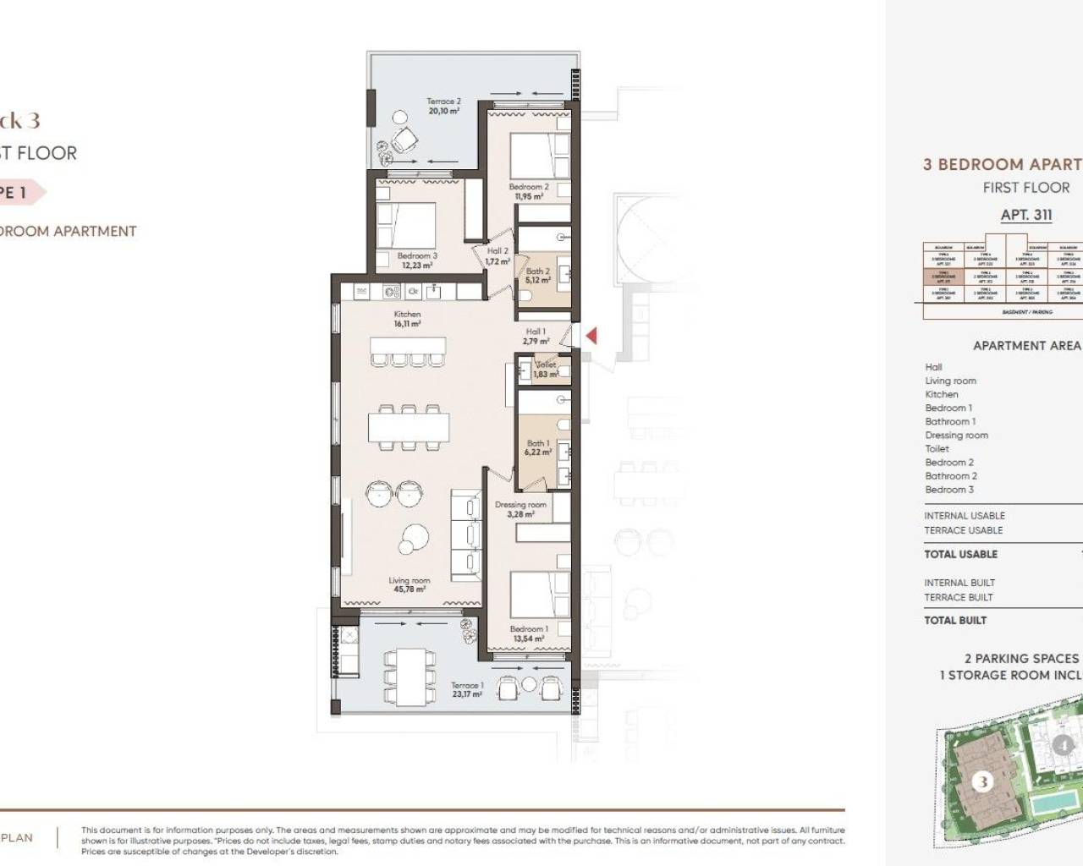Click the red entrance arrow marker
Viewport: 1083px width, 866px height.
coord(591,336)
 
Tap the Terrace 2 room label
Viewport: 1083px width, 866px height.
coord(443,101)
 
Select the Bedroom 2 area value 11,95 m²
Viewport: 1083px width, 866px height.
coord(529,197)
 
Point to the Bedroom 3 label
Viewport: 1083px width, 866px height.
coord(417,255)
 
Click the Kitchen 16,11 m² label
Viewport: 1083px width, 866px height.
coord(407,319)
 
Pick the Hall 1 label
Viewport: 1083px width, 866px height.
coord(536,332)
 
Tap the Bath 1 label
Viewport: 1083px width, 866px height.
coord(538,443)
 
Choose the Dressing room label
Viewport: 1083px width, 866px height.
coord(520,505)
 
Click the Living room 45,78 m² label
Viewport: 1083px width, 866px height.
coord(409,584)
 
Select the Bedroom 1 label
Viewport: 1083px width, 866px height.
coord(529,629)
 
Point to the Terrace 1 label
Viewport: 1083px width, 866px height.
coord(467,686)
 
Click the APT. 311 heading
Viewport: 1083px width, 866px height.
coord(1026,215)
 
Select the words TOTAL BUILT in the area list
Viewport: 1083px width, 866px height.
coord(955,620)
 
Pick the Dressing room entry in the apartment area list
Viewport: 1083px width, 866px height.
coord(956,436)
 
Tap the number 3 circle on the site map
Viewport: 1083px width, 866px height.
coord(982,781)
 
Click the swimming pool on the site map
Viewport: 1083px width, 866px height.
coord(1058,799)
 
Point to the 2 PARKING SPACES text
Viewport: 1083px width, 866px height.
coord(1022,658)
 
